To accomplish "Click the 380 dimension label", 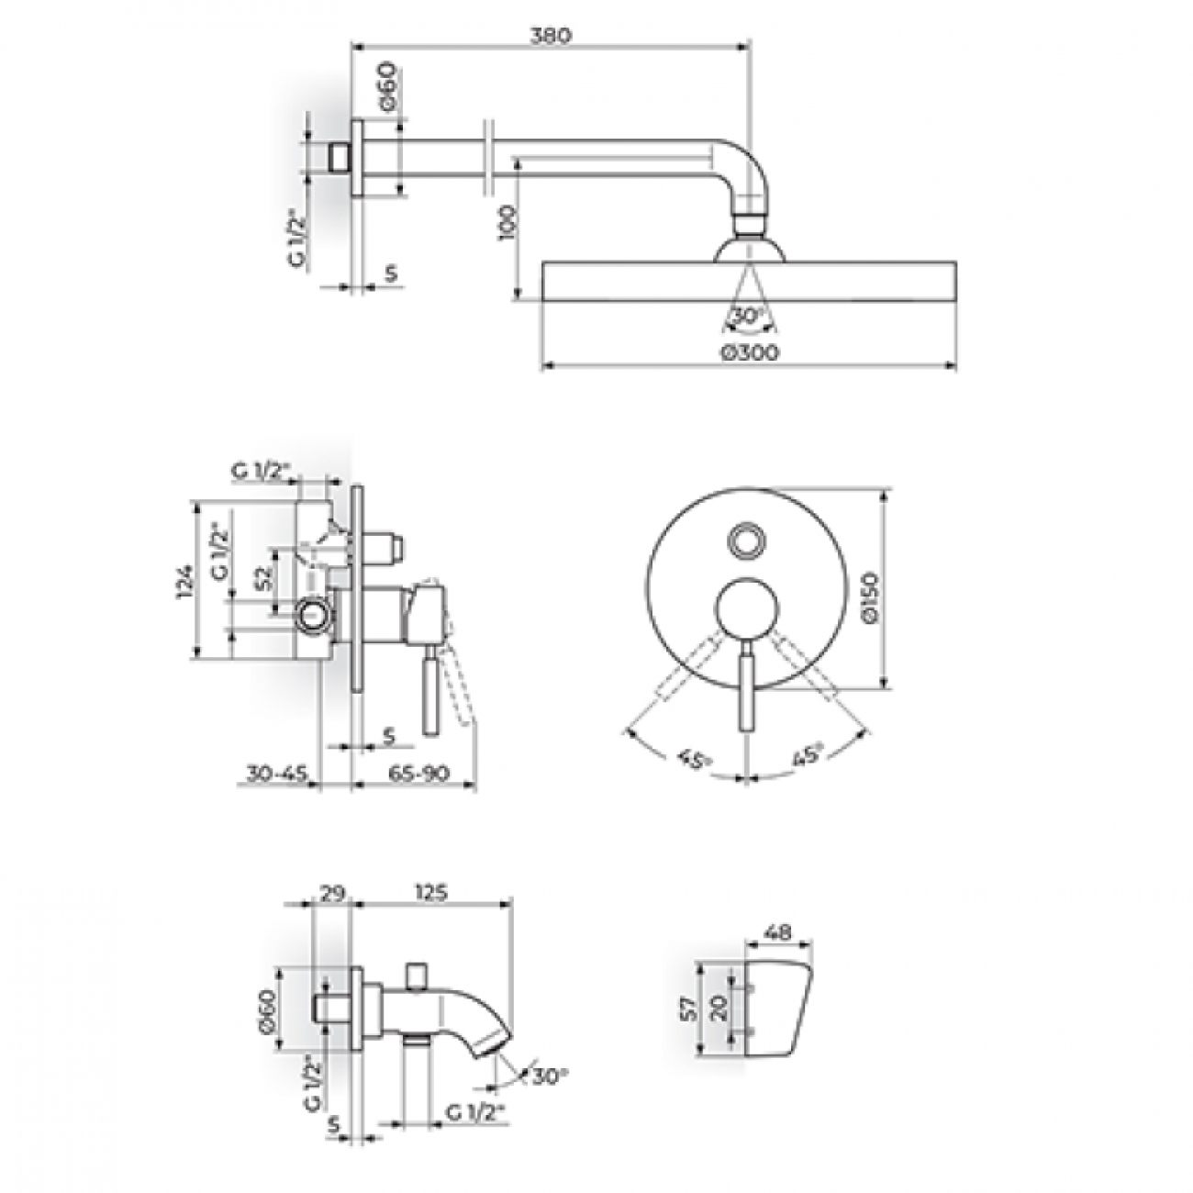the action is tap(551, 36).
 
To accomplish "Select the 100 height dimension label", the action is tap(507, 224).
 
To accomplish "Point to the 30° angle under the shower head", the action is tap(747, 316).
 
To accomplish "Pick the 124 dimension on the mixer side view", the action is tap(185, 581).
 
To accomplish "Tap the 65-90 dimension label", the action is tap(418, 774).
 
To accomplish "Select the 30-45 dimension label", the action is tap(277, 774).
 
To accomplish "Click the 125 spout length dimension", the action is tap(430, 892).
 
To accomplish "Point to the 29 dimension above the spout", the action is tap(333, 892).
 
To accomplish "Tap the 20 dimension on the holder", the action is tap(719, 1008).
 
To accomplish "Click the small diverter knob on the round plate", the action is tap(747, 541).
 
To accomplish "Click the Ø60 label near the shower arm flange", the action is tap(386, 86).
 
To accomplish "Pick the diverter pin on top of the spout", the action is tap(418, 980).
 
